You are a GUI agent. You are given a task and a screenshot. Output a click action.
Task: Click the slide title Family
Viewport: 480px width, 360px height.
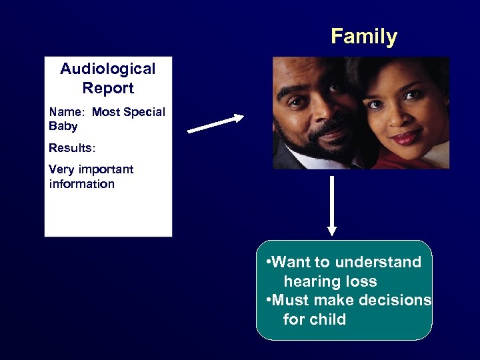pos(363,36)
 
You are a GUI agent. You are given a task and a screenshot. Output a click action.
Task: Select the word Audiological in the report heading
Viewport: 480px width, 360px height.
pos(107,69)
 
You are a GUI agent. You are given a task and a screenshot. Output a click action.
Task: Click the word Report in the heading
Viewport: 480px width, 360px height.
pos(107,88)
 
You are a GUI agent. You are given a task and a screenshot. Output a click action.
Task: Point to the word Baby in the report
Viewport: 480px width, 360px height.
pos(63,126)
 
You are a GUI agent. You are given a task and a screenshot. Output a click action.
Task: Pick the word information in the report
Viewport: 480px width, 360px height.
pos(81,184)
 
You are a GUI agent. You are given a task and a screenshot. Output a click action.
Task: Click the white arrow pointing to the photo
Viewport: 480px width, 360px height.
pos(216,124)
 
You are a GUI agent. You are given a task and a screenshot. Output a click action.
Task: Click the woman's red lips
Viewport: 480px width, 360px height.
pos(404,137)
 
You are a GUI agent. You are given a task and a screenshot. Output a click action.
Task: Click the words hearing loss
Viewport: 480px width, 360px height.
pos(330,281)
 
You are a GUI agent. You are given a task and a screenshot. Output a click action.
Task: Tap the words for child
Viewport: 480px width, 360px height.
pos(314,319)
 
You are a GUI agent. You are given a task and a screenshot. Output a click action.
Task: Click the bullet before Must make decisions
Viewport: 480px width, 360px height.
pos(268,301)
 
